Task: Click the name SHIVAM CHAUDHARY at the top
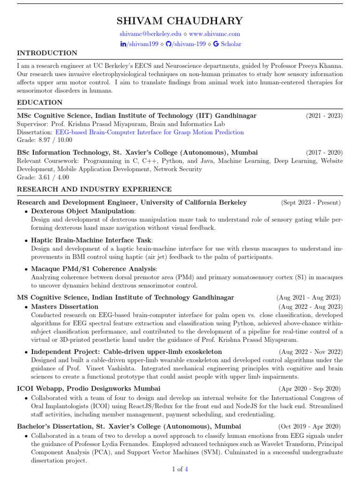point(180,21)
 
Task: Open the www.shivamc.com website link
point(215,34)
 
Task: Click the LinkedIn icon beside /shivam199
point(124,44)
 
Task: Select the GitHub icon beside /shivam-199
point(169,44)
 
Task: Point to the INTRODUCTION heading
point(47,53)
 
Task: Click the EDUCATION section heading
point(39,102)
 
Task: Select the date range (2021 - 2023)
point(324,116)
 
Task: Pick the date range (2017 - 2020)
point(324,153)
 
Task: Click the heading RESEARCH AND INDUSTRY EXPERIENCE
point(94,189)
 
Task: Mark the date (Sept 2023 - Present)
point(311,203)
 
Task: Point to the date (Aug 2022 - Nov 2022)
point(311,352)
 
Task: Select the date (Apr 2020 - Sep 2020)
point(310,389)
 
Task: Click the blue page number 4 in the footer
point(187,469)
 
